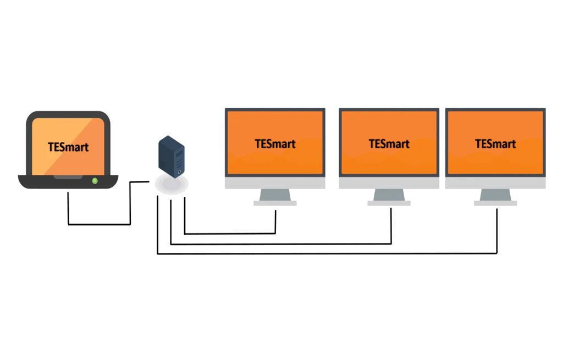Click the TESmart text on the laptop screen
pos(68,147)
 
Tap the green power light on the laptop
pos(95,180)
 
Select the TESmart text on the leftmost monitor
pos(275,143)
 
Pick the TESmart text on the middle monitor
pos(389,143)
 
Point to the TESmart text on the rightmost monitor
pos(495,143)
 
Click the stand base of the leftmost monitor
pos(275,203)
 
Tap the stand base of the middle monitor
pos(389,203)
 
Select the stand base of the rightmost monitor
pos(495,203)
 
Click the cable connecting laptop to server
pos(99,224)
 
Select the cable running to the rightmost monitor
pos(330,253)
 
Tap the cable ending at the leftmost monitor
pos(231,234)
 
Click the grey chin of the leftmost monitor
pos(275,183)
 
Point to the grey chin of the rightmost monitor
pos(495,183)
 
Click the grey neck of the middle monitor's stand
pos(389,195)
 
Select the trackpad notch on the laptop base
pos(68,177)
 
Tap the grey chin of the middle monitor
pos(389,183)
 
